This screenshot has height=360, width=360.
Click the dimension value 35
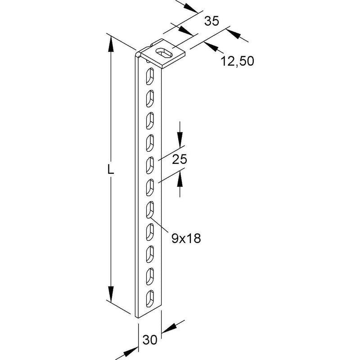click(x=211, y=21)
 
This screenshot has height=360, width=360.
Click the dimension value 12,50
click(x=238, y=61)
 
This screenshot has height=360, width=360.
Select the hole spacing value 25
click(x=180, y=159)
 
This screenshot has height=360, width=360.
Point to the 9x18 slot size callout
click(x=186, y=238)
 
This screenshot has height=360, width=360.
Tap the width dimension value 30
click(x=150, y=340)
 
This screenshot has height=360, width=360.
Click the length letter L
click(x=111, y=170)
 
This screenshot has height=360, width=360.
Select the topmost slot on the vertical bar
click(x=149, y=76)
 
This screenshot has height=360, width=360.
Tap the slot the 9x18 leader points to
click(x=150, y=209)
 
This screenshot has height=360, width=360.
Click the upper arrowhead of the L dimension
click(x=111, y=44)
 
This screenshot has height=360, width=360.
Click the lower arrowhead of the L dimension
click(x=111, y=294)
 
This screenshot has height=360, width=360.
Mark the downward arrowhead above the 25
click(x=180, y=139)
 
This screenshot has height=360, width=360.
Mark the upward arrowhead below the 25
click(x=180, y=179)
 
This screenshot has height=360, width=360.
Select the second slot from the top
click(x=149, y=98)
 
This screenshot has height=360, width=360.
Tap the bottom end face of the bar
click(x=137, y=316)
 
